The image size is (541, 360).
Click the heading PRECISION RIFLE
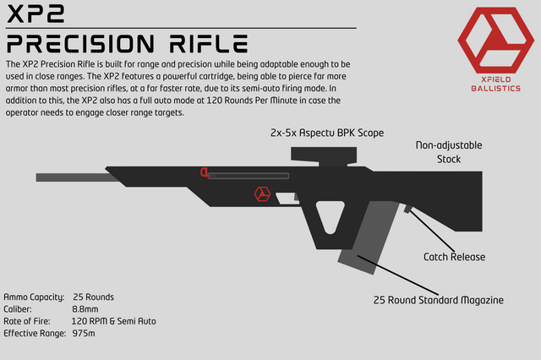click(127, 43)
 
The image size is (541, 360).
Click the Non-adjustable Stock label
click(449, 152)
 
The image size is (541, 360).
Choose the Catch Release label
click(452, 255)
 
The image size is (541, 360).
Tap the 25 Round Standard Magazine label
click(439, 300)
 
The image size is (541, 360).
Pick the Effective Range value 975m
click(85, 334)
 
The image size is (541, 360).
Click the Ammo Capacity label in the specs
click(34, 297)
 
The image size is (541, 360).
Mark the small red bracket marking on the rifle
click(205, 172)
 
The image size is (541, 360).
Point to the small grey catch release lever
click(407, 207)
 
